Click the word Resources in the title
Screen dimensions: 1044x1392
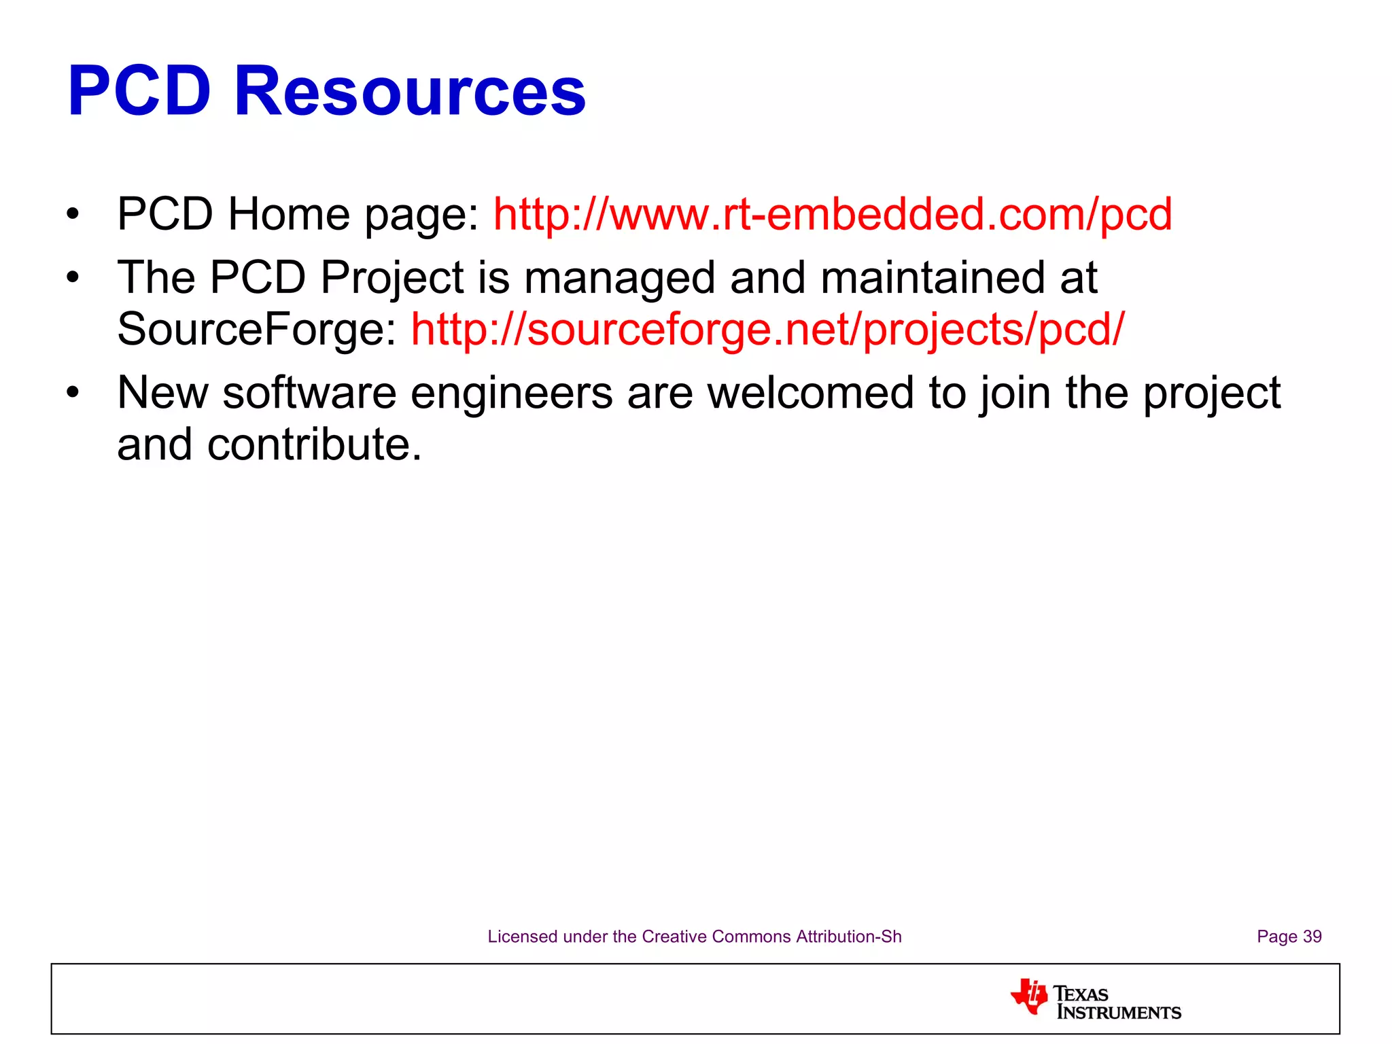(409, 91)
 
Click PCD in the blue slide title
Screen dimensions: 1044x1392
(139, 91)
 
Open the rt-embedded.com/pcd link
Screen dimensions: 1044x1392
(833, 214)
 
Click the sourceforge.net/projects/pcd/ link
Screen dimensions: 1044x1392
(768, 329)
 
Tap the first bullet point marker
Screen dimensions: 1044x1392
(73, 215)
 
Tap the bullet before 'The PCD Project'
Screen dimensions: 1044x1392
(73, 278)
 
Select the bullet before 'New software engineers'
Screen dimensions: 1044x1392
(73, 393)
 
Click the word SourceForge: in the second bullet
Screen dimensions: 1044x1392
(257, 329)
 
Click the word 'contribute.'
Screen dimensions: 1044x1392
(314, 445)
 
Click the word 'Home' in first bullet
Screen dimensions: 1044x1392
(289, 214)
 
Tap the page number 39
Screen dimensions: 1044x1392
(1312, 937)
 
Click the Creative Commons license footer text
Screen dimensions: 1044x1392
(694, 937)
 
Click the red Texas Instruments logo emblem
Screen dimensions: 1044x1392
(1029, 996)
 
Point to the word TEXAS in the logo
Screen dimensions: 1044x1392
(1081, 994)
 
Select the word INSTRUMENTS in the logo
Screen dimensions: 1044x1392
(1119, 1013)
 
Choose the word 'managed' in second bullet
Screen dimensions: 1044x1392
(619, 278)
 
